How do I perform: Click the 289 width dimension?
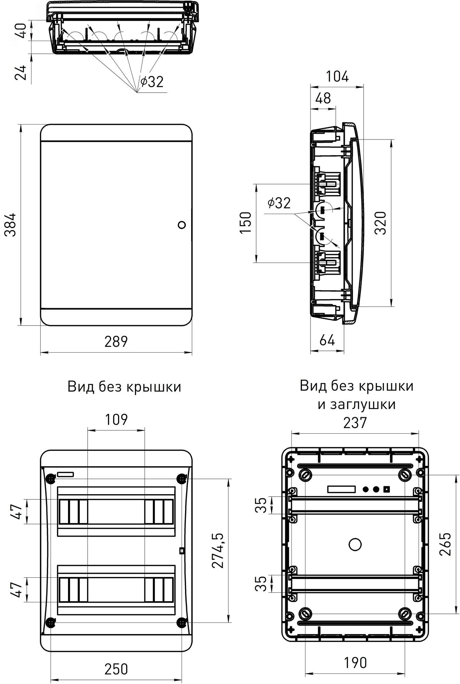click(x=116, y=342)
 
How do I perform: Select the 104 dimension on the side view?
click(x=337, y=77)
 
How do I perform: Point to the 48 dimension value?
click(x=323, y=98)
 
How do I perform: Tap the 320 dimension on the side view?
click(x=381, y=223)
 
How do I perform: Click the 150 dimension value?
click(x=246, y=223)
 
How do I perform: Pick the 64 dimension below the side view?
click(x=327, y=340)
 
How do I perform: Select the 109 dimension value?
click(x=116, y=419)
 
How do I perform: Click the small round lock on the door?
click(x=182, y=225)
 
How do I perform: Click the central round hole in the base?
click(x=355, y=544)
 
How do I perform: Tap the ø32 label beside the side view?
click(x=279, y=203)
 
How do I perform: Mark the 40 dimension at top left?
click(x=21, y=31)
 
